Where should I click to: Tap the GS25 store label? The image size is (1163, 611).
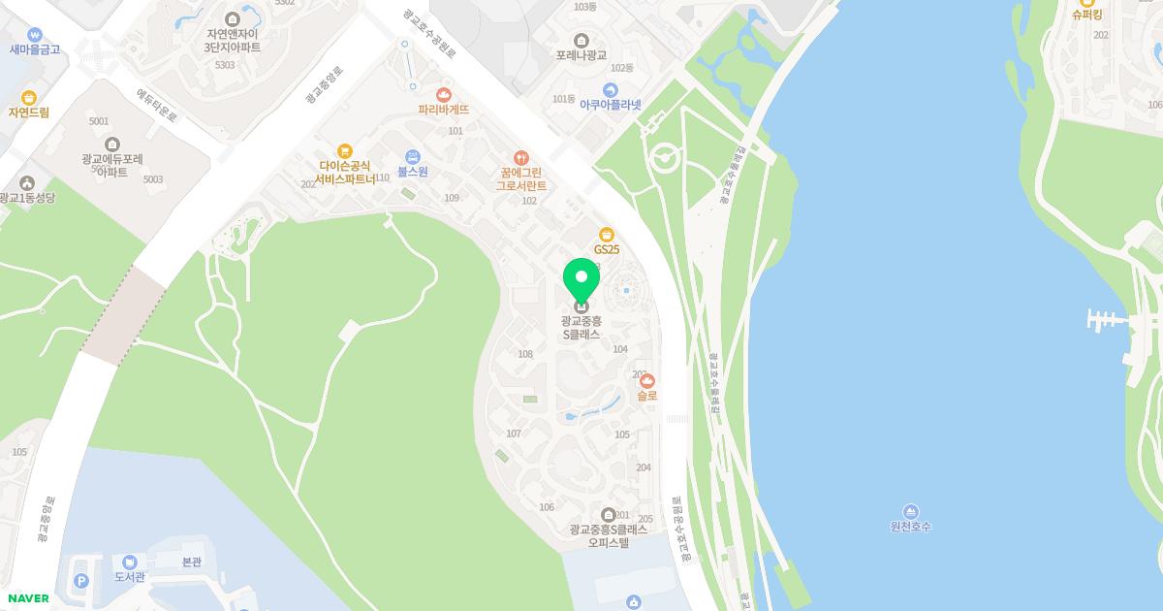pos(607,249)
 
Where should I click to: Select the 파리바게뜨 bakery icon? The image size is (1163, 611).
pos(444,94)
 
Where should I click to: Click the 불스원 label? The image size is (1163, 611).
pos(413,172)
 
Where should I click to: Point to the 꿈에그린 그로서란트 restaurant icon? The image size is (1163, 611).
pos(521,158)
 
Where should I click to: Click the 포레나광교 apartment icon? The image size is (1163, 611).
pos(581,40)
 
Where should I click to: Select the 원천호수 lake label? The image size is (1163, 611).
pos(910,527)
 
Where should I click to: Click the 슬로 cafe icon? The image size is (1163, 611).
pos(647,381)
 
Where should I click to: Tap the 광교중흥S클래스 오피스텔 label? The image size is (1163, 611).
pos(609,536)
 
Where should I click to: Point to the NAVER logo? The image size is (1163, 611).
pos(27,598)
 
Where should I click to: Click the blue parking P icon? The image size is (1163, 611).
pos(81,581)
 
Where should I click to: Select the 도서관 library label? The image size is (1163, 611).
pos(129,576)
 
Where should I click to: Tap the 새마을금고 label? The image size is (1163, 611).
pos(35,48)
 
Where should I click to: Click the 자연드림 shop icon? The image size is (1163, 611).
pos(29,98)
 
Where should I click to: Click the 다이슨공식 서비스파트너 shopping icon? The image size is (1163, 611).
pos(344,151)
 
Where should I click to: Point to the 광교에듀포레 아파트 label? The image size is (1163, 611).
pos(112,166)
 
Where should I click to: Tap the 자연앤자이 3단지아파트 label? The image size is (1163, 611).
pos(232,40)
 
